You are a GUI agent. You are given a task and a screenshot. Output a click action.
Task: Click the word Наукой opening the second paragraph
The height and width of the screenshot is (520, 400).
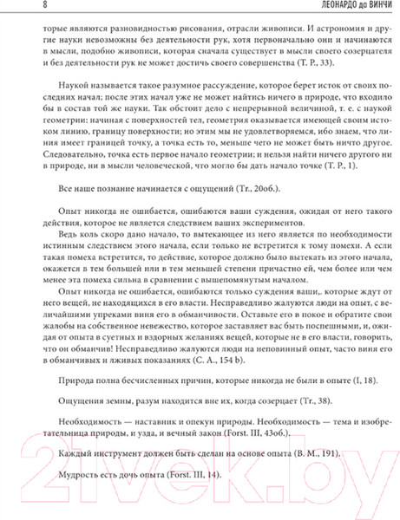point(75,90)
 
